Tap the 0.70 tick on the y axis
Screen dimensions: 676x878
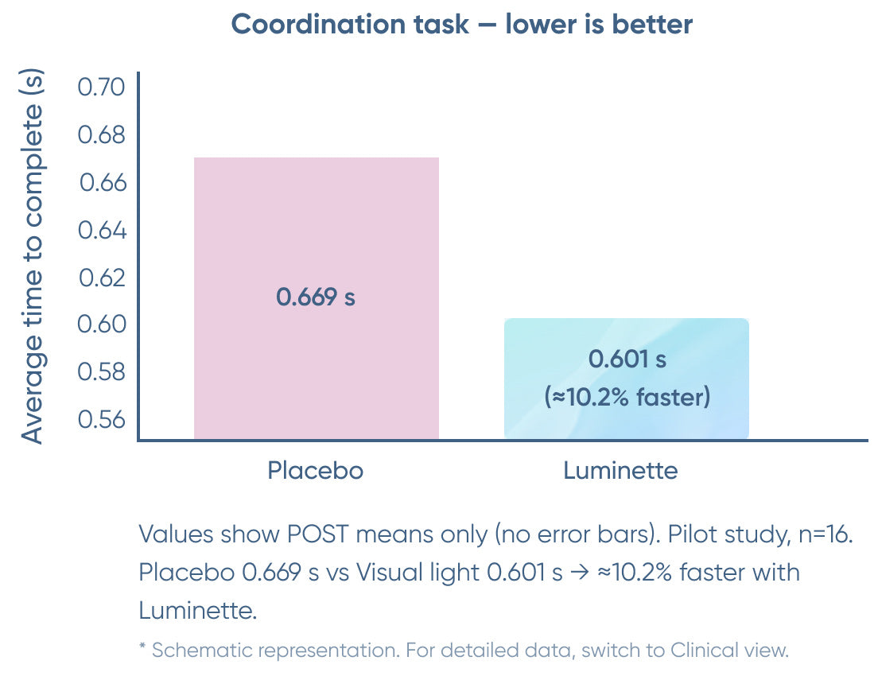102,87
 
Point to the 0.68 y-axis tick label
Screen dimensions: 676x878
102,134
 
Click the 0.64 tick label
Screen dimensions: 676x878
102,231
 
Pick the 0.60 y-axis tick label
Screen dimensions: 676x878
102,324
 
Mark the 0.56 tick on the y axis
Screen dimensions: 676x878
102,419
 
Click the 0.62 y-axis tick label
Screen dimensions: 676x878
102,278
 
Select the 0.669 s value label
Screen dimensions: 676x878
316,297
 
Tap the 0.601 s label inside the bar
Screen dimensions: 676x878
627,359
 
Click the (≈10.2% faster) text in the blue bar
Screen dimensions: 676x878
627,397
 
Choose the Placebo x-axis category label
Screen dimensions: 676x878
316,471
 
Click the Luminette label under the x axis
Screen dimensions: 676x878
620,471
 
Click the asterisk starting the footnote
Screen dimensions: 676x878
143,649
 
